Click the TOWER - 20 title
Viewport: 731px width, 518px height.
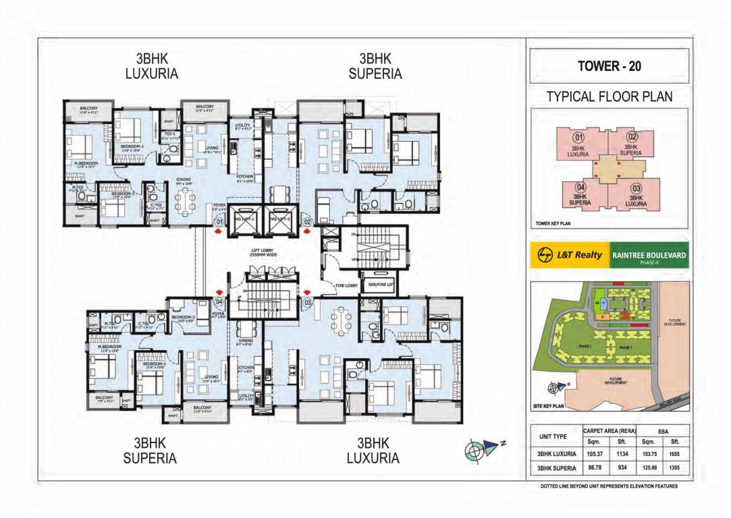[609, 66]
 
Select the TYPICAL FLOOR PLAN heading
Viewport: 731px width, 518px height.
[609, 96]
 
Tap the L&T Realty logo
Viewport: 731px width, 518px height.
[570, 255]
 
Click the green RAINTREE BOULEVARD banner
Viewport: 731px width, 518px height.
[649, 255]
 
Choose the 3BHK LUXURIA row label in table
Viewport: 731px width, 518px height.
[556, 454]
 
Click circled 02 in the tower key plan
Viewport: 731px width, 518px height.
[632, 137]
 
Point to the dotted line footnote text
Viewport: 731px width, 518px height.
[609, 486]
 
